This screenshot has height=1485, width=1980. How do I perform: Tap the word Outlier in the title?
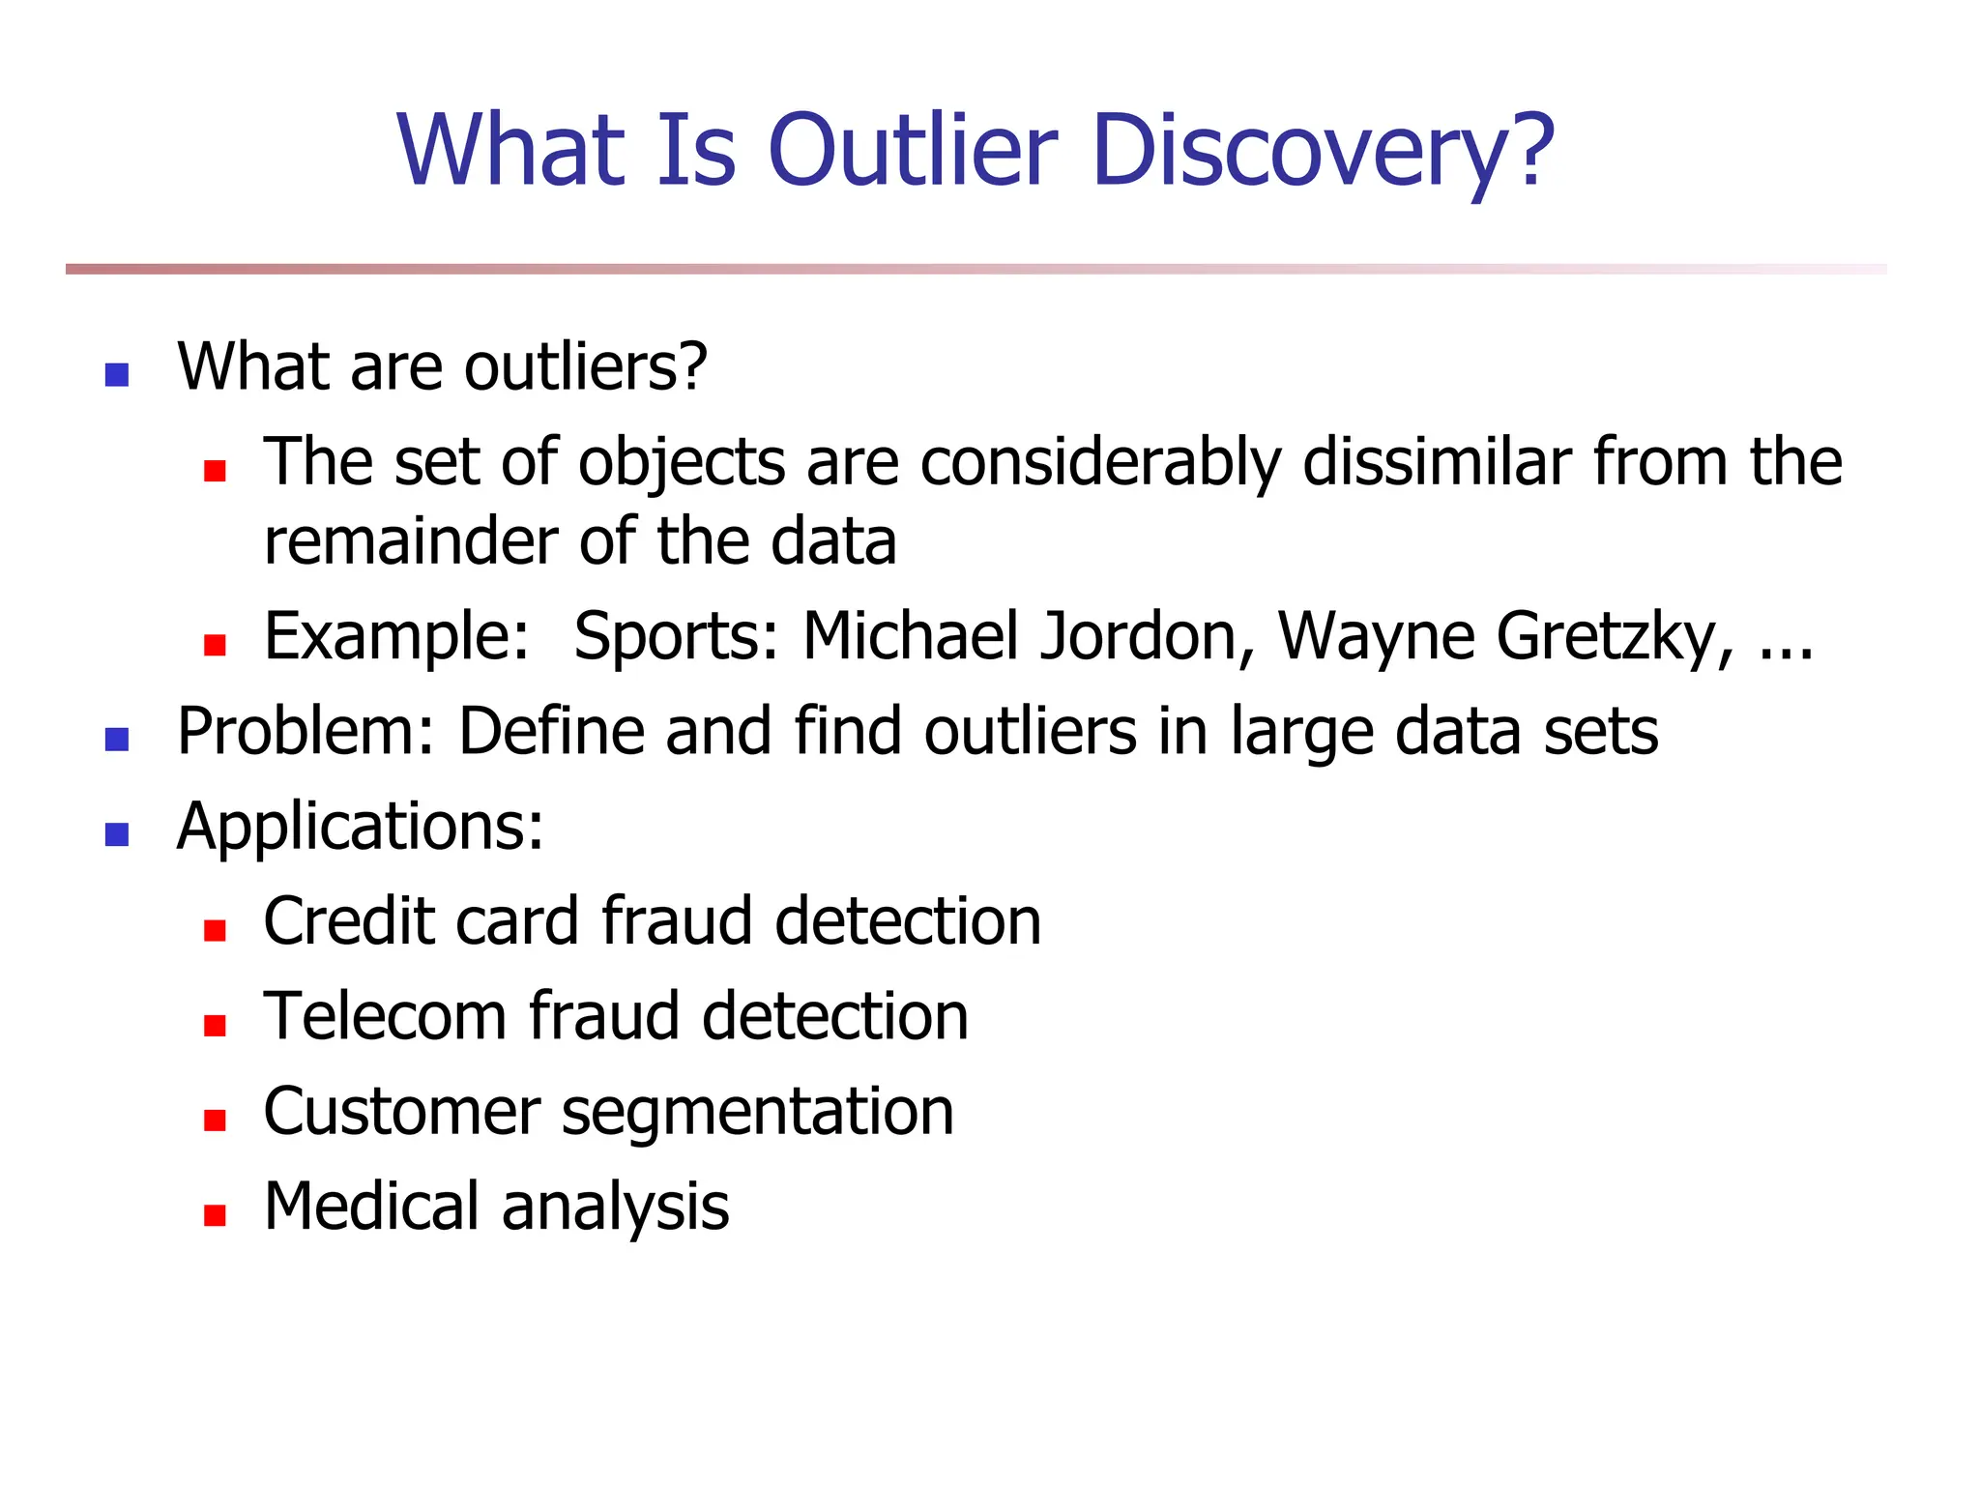coord(913,152)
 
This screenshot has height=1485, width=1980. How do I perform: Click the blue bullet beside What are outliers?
coord(117,375)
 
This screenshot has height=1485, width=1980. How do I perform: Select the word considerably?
coord(1100,463)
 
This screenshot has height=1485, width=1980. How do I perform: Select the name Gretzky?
coord(1615,637)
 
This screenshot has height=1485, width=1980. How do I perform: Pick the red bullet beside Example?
coord(215,645)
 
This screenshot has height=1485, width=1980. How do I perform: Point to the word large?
coord(1301,732)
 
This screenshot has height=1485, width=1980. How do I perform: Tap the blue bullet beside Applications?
coord(117,834)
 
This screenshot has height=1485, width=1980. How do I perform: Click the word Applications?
coord(360,828)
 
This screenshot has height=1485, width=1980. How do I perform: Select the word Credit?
coord(348,921)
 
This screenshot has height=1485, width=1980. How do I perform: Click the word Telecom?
coord(386,1017)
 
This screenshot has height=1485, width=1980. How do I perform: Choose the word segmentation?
coord(757,1113)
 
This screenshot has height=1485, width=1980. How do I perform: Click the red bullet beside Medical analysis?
coord(215,1215)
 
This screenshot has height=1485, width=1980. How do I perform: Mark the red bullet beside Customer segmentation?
coord(215,1121)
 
